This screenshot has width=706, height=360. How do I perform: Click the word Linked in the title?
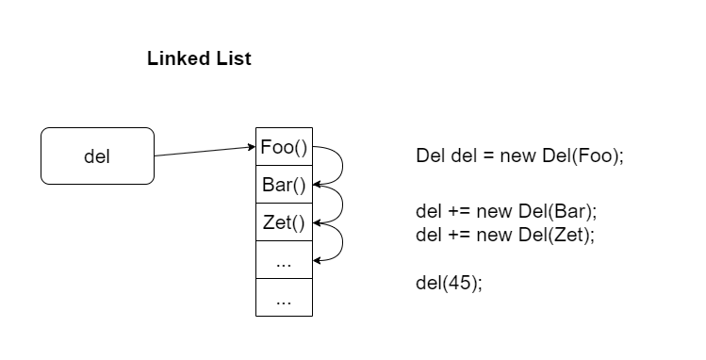175,58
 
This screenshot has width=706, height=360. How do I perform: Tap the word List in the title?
232,58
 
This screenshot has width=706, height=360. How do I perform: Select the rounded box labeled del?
97,156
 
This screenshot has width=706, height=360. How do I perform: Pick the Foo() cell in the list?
284,147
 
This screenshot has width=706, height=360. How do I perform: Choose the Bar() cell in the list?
284,185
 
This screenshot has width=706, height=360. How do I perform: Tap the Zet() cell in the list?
284,222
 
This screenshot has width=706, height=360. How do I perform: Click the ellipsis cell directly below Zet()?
284,261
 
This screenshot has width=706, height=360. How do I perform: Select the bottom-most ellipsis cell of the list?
284,298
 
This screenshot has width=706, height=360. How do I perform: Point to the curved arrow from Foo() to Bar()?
341,167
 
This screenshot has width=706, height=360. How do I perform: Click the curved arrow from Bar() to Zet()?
341,205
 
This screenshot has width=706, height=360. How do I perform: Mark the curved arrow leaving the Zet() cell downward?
341,242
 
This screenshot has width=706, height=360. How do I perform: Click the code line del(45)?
449,283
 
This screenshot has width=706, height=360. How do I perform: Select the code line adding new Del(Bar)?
506,208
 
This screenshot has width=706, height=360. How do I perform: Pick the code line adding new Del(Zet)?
505,234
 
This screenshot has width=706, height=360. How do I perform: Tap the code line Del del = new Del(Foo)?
519,155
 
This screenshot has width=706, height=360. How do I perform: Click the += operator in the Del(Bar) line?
454,208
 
